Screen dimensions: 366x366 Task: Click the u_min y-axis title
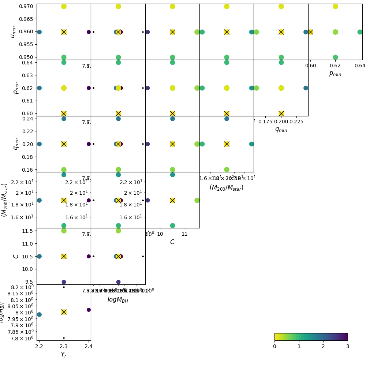point(13,32)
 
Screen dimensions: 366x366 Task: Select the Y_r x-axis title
point(64,354)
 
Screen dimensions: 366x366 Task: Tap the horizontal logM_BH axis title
point(118,300)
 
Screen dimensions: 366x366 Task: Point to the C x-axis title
point(172,242)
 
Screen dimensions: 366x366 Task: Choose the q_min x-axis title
point(281,130)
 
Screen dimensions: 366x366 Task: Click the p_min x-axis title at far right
point(335,74)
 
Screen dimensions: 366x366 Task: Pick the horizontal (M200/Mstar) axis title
point(226,187)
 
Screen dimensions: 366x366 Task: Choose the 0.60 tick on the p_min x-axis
point(310,66)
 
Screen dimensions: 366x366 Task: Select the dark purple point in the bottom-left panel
point(89,310)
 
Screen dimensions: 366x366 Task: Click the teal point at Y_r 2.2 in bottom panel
point(39,314)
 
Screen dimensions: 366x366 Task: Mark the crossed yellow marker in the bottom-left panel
point(64,312)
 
